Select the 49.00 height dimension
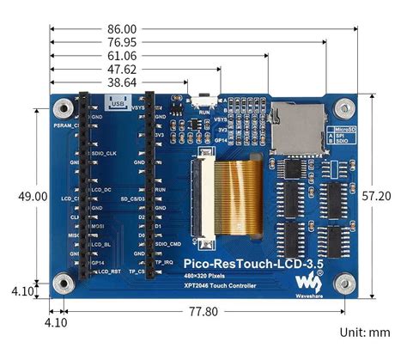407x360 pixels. tap(33, 197)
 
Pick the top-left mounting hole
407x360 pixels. tap(63, 108)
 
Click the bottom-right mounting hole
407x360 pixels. tap(343, 282)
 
